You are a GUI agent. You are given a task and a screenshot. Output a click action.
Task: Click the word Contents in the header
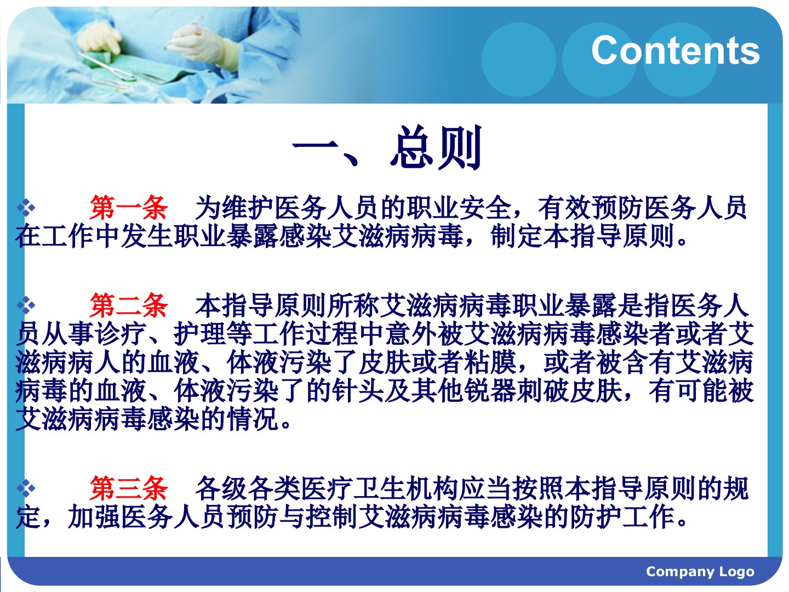[x=676, y=50]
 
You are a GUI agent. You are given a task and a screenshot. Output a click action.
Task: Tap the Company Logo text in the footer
[x=700, y=571]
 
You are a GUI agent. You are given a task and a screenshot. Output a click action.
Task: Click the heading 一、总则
[x=387, y=147]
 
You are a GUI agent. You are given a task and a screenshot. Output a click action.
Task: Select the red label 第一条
[x=128, y=208]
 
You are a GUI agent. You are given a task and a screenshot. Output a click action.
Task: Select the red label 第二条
[x=128, y=305]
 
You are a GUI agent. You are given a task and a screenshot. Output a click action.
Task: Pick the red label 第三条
[x=128, y=488]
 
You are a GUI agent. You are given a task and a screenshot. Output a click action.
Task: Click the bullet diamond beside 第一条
[x=26, y=208]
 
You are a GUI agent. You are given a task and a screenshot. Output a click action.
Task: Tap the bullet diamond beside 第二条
[x=26, y=305]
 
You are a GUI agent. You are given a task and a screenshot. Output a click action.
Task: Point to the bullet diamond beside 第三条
[x=26, y=488]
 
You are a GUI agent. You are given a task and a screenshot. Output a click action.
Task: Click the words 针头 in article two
[x=358, y=391]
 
